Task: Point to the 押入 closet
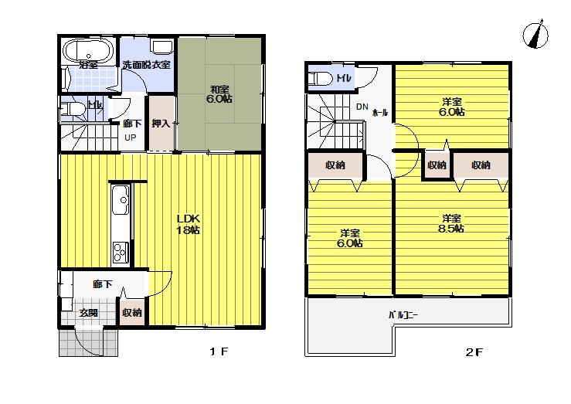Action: click(x=161, y=124)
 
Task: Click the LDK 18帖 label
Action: click(x=189, y=224)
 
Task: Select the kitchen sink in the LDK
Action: click(x=121, y=202)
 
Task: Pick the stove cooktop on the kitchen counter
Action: click(x=121, y=251)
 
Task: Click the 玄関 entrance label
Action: click(x=88, y=313)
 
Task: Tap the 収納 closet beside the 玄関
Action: click(x=132, y=313)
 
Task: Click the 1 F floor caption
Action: click(x=218, y=353)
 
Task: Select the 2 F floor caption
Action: click(x=474, y=353)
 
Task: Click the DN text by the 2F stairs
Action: click(x=362, y=107)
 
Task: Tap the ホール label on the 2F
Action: click(x=380, y=113)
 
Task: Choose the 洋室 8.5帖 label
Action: click(x=452, y=222)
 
